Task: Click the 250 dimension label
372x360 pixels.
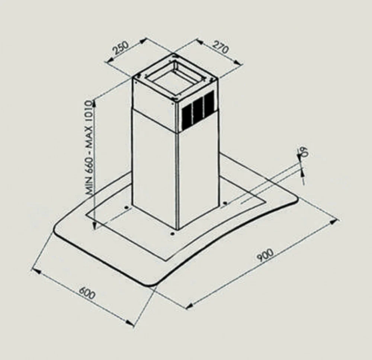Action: coord(121,48)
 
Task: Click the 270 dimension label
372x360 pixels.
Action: coord(221,47)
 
